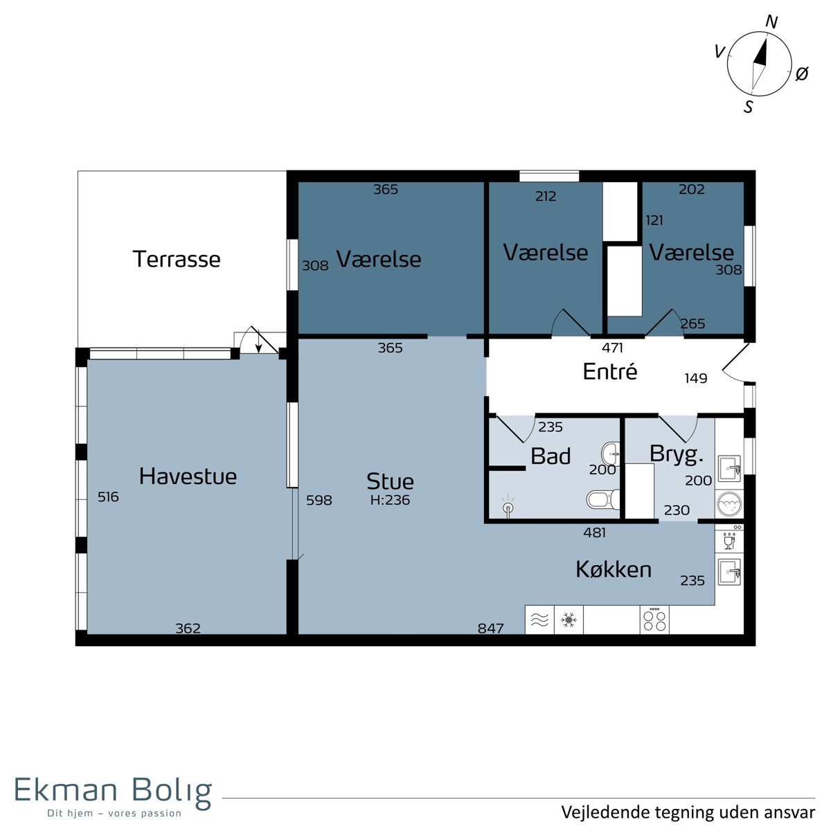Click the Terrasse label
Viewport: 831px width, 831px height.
(x=177, y=259)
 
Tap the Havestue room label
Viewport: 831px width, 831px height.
(x=188, y=476)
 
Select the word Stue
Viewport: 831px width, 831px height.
(x=390, y=481)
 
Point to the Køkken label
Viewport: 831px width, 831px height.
(x=614, y=569)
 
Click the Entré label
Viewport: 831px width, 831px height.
(x=610, y=371)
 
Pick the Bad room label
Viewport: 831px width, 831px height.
(x=551, y=456)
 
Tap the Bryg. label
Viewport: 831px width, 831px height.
(x=676, y=454)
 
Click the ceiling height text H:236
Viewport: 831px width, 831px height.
(x=390, y=500)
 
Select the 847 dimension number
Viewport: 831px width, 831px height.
(x=491, y=628)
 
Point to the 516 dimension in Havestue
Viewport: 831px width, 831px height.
(x=108, y=497)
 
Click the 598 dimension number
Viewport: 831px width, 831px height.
(x=319, y=500)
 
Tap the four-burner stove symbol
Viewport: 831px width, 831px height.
(x=654, y=620)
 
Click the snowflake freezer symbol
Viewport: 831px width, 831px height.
(x=569, y=620)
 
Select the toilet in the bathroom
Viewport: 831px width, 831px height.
(x=603, y=499)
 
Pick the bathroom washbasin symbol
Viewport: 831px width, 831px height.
(x=610, y=454)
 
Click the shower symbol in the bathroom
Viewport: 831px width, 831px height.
(x=509, y=505)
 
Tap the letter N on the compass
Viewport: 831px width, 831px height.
(x=771, y=21)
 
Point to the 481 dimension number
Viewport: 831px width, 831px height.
(x=595, y=533)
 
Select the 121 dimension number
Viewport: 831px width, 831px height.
(x=654, y=220)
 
